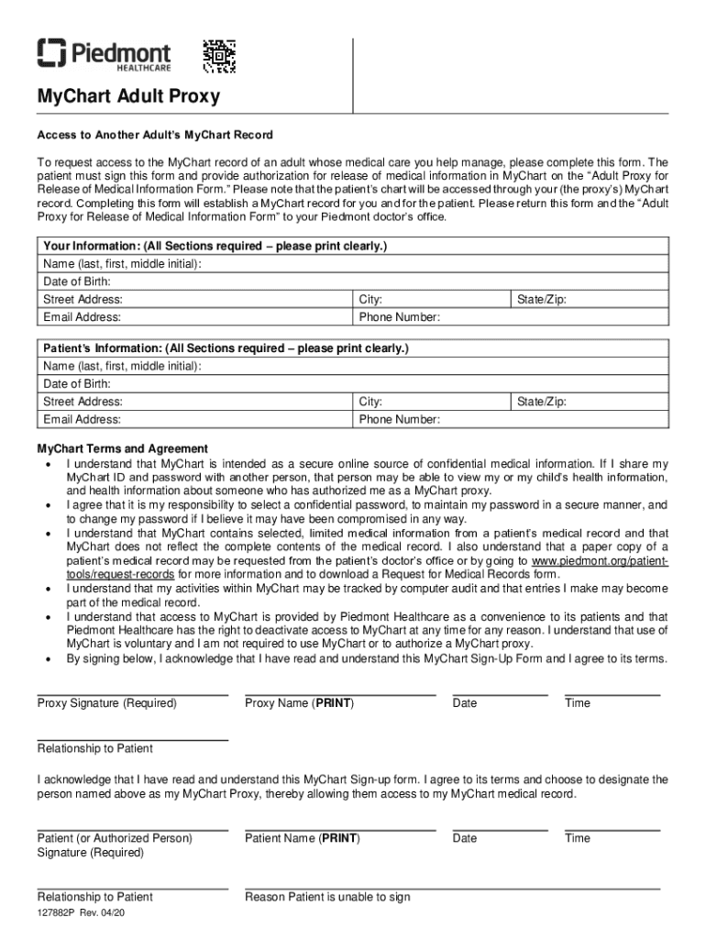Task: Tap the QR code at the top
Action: tap(220, 56)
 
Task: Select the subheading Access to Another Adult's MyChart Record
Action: tap(155, 135)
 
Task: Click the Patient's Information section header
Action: tap(226, 348)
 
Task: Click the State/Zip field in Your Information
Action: tap(586, 300)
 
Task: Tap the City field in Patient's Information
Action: tap(431, 402)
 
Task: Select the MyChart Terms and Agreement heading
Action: tap(122, 448)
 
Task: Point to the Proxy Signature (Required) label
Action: tap(106, 703)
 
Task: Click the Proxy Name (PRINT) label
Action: tap(300, 703)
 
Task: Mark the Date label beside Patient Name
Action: tap(465, 838)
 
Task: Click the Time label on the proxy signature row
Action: tap(578, 703)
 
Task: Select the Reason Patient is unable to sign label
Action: tap(327, 897)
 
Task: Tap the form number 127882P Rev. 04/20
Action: tap(83, 913)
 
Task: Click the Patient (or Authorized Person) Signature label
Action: tap(115, 845)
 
